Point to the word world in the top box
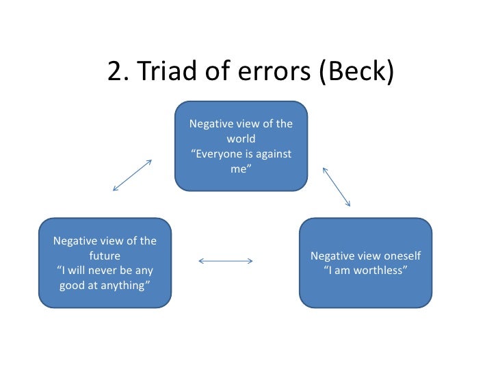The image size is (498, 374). [241, 139]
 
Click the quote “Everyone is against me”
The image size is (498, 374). [241, 161]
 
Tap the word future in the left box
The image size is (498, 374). [105, 255]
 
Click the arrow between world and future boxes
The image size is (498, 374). [131, 175]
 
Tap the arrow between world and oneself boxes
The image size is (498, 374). [336, 186]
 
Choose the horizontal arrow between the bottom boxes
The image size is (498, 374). [225, 260]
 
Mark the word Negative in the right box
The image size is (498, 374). [332, 256]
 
